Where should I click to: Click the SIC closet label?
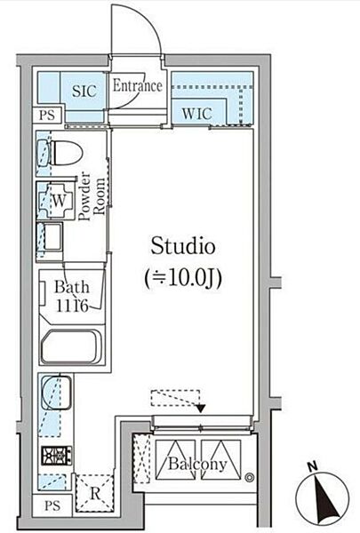point(84,91)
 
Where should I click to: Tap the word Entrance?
point(137,86)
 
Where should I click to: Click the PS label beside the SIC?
point(47,115)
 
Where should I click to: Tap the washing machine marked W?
point(58,202)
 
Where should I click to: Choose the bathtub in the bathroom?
point(72,346)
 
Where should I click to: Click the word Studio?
point(182,245)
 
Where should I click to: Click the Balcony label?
point(196,464)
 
